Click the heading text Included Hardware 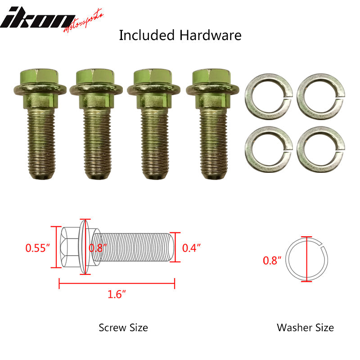[x=180, y=35]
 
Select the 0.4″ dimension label [x=191, y=247]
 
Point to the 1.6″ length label [x=117, y=295]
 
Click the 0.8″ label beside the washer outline [x=272, y=260]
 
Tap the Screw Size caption [x=123, y=327]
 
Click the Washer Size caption [x=306, y=327]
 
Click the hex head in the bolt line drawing [x=69, y=247]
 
